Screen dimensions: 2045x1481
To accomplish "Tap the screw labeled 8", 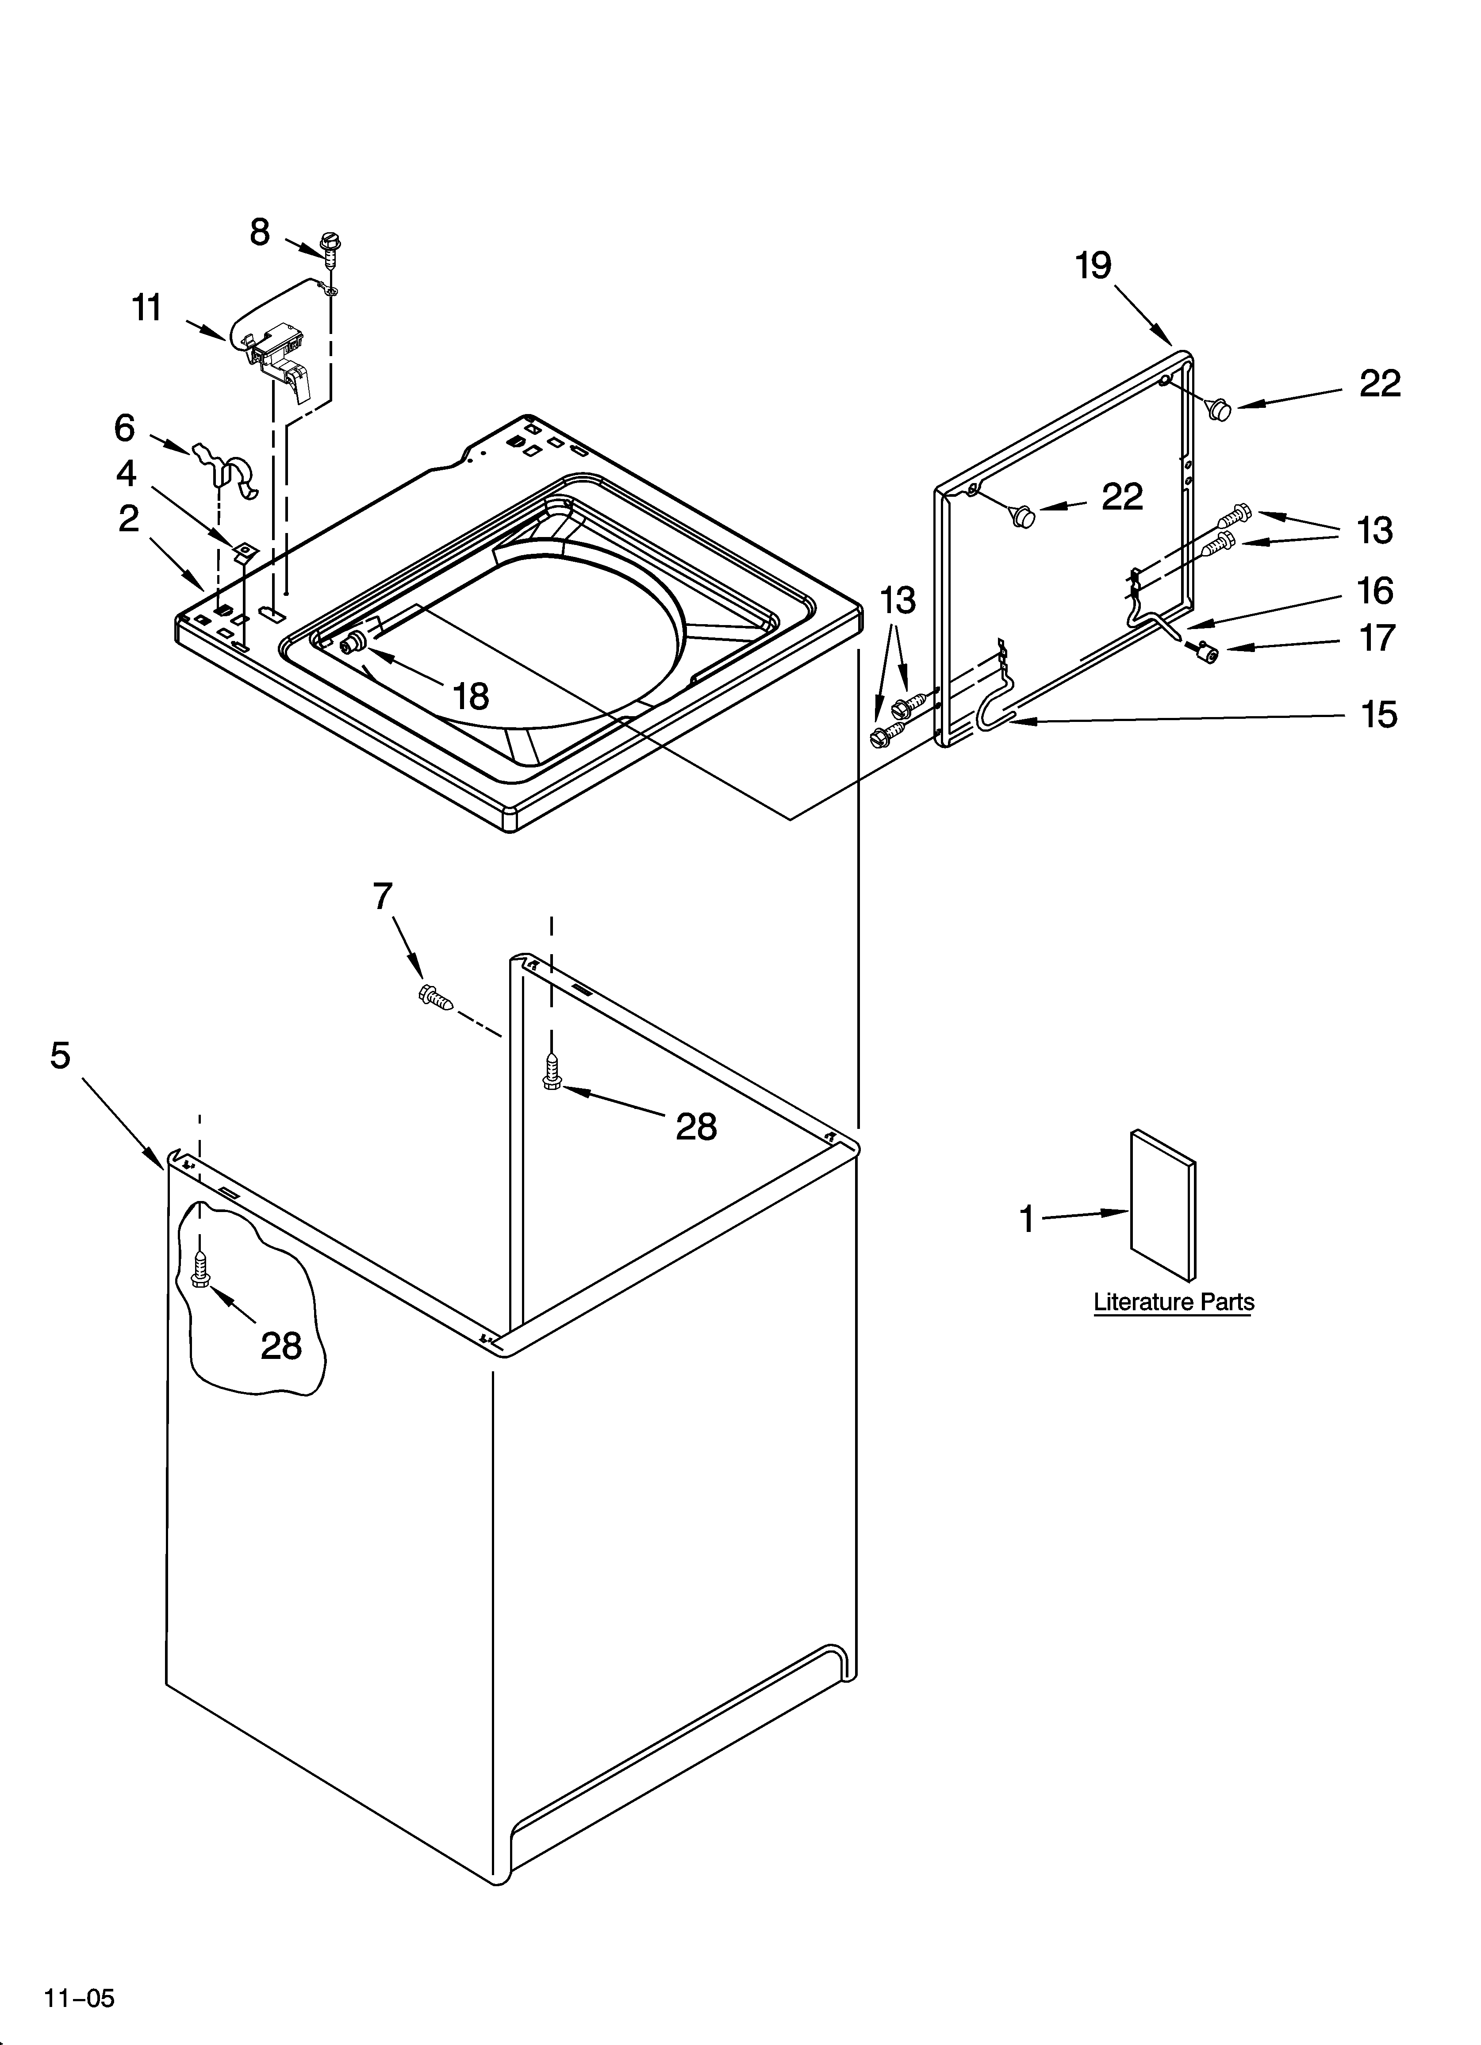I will (x=330, y=245).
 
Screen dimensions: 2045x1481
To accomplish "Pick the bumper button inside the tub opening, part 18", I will (x=353, y=642).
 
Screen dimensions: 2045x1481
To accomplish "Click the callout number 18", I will (x=470, y=696).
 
